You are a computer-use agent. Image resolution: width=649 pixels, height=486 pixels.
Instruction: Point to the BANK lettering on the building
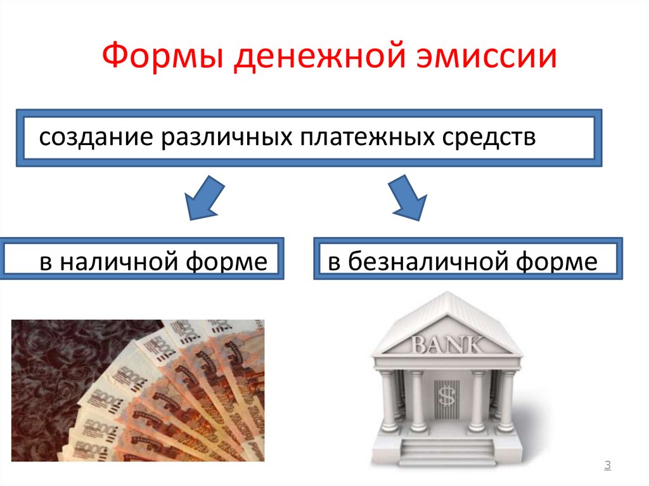point(447,346)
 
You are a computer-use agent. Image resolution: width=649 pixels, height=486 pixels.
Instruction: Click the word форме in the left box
point(231,260)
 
